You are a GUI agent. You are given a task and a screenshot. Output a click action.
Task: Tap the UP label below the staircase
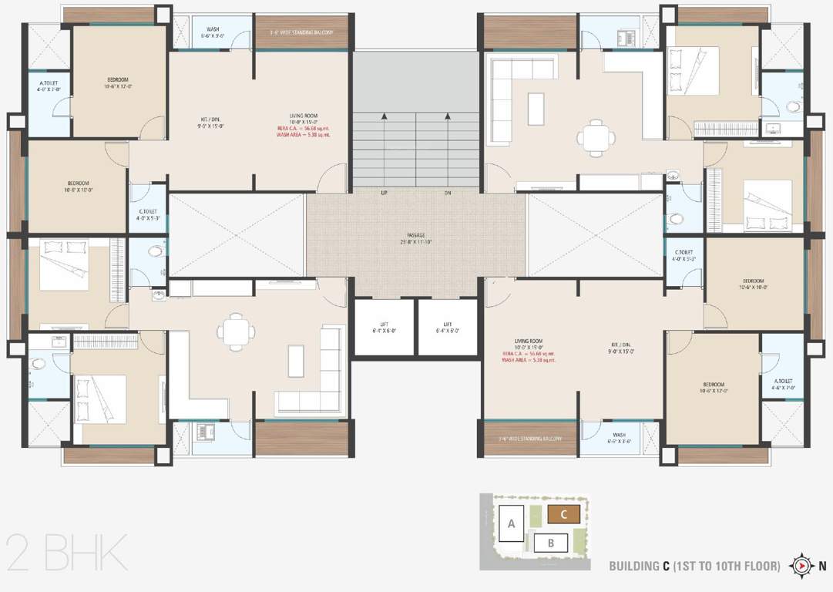click(x=384, y=193)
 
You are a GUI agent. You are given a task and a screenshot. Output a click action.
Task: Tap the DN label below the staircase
click(x=448, y=193)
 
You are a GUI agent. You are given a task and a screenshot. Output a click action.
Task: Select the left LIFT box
click(x=383, y=328)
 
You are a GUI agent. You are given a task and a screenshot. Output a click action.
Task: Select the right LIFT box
click(x=448, y=328)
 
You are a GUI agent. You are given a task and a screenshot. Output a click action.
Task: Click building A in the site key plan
click(x=511, y=524)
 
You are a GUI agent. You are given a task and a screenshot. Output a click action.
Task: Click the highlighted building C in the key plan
click(x=564, y=514)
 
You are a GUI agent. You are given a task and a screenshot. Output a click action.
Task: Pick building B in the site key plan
click(x=551, y=543)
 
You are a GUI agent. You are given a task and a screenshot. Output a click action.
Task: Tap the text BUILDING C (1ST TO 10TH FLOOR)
click(x=694, y=567)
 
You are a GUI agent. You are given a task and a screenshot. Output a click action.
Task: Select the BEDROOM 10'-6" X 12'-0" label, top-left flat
click(x=118, y=82)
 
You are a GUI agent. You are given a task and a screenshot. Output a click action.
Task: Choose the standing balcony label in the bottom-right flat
click(x=529, y=439)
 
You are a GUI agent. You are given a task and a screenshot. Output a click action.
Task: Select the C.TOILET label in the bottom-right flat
click(x=684, y=255)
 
